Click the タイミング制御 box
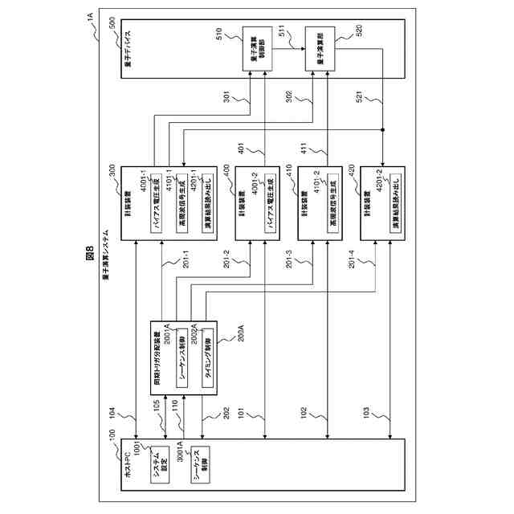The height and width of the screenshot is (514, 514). coord(206,355)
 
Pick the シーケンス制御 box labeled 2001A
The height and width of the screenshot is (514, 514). coord(182,356)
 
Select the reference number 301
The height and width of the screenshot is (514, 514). coord(226,99)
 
